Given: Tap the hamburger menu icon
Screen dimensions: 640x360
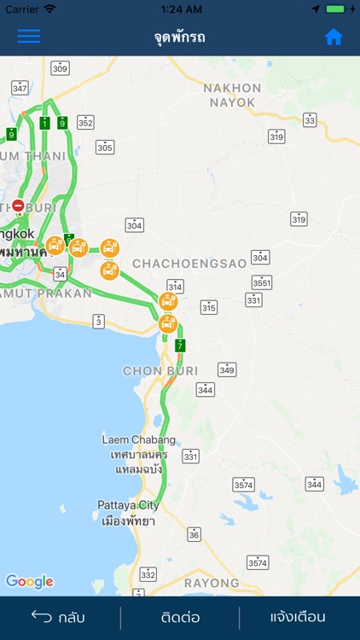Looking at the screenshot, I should (x=29, y=37).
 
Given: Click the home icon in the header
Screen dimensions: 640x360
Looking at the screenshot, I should (x=334, y=37).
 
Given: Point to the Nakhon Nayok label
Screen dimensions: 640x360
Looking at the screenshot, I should (x=231, y=95).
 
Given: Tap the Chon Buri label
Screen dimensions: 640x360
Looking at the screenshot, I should (x=160, y=371).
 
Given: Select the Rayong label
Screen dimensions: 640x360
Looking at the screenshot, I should (x=212, y=583).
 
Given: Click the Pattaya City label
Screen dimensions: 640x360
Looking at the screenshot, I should (x=128, y=504).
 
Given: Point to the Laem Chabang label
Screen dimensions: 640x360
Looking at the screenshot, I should (x=139, y=439).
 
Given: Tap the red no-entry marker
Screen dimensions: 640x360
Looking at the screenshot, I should (x=19, y=206).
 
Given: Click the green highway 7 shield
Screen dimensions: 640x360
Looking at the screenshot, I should (x=180, y=345).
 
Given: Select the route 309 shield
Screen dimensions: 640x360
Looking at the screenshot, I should (x=60, y=67).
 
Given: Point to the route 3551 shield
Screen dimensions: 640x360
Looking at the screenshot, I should (x=263, y=282).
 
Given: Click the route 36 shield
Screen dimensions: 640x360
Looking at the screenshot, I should (x=195, y=534).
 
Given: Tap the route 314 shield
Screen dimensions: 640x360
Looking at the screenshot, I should (x=175, y=286).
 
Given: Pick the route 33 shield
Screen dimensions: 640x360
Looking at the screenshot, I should (x=310, y=120).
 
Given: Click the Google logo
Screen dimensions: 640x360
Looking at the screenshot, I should (x=30, y=581).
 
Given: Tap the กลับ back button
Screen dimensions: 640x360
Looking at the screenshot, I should (x=59, y=617).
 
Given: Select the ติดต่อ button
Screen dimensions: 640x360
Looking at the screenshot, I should (x=180, y=617).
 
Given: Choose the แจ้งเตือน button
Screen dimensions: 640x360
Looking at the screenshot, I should (x=298, y=617).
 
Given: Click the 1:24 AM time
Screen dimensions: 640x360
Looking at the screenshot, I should (x=179, y=9).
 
